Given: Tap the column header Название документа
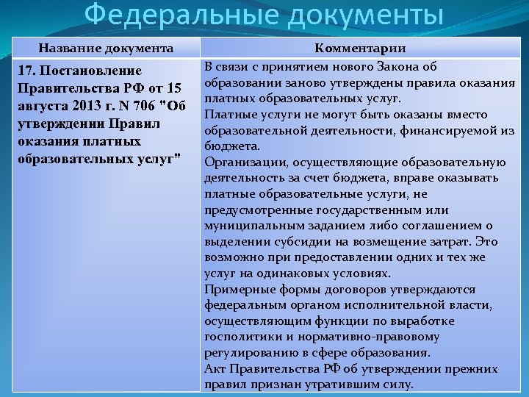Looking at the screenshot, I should [106, 49].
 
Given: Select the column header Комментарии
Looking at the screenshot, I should [360, 49].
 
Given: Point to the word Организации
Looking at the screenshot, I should [242, 162].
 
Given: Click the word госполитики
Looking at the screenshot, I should [241, 337].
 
